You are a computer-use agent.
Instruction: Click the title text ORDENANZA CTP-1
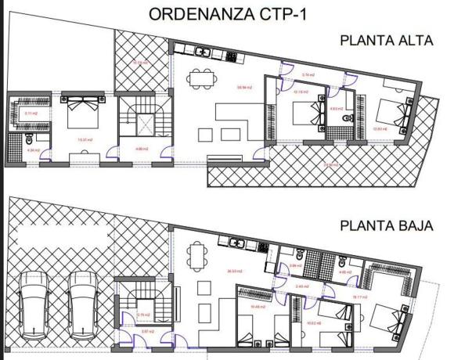coord(227,15)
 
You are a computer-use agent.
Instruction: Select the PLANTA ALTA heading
coord(386,41)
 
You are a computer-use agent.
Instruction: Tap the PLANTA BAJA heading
coord(386,228)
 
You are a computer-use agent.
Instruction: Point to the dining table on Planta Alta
coord(201,79)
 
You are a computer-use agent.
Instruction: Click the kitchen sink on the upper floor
coord(204,52)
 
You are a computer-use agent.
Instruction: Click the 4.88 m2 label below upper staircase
coord(142,149)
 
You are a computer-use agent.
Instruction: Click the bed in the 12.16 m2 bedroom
coord(305,117)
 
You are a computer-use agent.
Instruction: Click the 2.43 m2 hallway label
coord(301,286)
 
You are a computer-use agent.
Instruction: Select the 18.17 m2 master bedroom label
coord(359,297)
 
